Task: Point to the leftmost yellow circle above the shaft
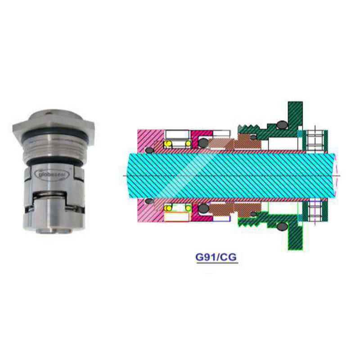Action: pos(167,144)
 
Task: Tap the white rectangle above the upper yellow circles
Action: pos(177,134)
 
